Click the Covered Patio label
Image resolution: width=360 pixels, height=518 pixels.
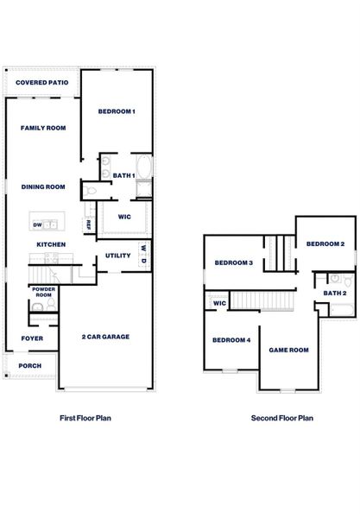tap(42, 83)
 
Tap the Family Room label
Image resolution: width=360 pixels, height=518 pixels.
tap(43, 128)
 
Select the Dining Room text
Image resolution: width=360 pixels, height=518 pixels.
tap(43, 186)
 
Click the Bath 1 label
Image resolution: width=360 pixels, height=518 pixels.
tap(124, 175)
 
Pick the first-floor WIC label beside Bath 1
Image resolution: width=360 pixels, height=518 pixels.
tap(124, 218)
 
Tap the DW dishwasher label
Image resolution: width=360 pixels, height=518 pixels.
tap(37, 225)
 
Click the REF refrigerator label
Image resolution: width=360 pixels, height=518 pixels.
tap(89, 224)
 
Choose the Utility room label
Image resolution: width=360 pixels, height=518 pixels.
tap(117, 256)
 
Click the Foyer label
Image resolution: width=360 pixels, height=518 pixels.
tap(32, 338)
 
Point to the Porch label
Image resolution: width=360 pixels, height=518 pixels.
tap(29, 366)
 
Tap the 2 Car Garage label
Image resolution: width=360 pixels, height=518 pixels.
tap(105, 337)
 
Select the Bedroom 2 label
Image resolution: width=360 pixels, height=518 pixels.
tap(325, 244)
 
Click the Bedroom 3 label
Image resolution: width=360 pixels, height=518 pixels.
tap(233, 263)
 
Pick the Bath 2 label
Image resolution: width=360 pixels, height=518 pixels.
tap(335, 294)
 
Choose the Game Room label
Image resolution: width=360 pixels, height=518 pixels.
tap(288, 350)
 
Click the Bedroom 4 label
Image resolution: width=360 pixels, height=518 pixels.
tap(231, 340)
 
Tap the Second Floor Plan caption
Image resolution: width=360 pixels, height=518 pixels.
tap(281, 418)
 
